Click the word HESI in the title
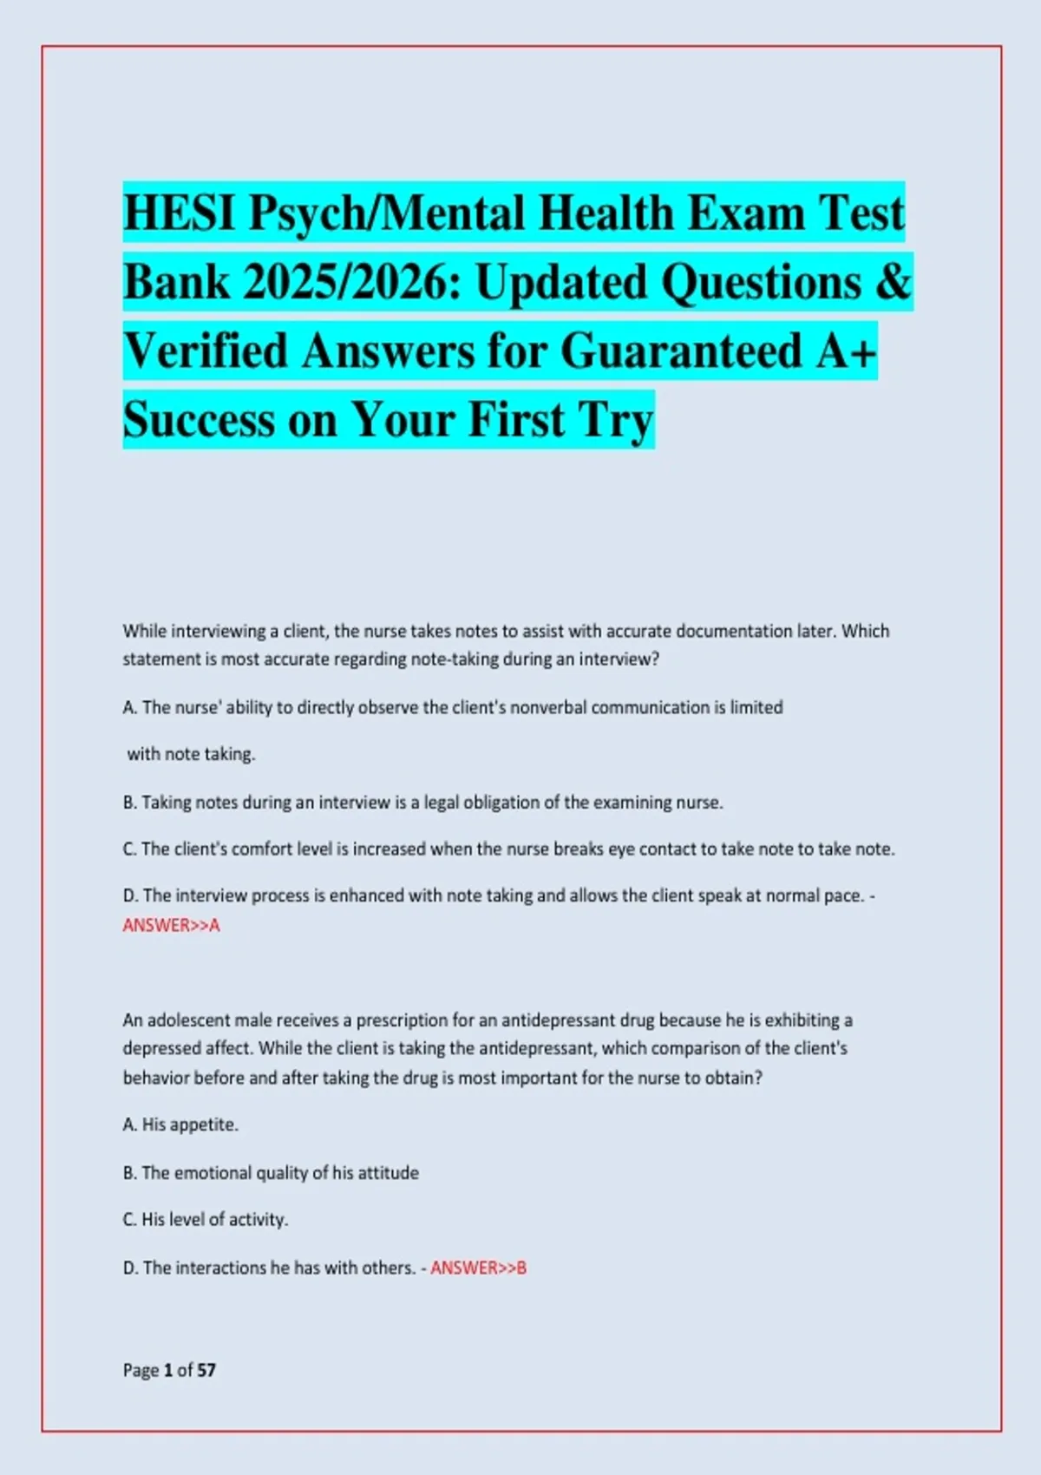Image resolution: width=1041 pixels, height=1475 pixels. [180, 213]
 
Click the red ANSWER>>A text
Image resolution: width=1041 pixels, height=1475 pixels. [171, 926]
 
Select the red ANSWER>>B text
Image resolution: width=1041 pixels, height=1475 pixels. [478, 1268]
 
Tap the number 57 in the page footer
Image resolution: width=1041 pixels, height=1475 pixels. [206, 1370]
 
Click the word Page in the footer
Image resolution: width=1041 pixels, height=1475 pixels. [141, 1370]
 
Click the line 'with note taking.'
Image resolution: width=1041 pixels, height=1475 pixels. [191, 754]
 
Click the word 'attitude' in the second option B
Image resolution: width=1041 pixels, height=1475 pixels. [389, 1173]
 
